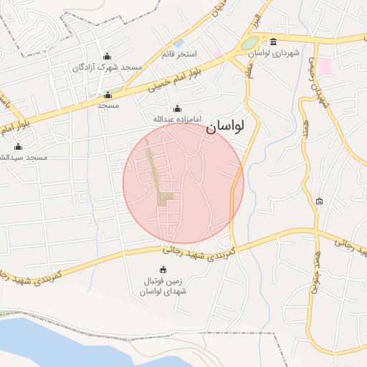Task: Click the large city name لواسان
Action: click(225, 127)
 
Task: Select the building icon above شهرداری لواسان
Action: click(273, 42)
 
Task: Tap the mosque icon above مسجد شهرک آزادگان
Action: click(108, 57)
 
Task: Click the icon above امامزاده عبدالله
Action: click(178, 108)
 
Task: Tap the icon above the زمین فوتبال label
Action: click(163, 270)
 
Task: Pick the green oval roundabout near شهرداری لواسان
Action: click(249, 44)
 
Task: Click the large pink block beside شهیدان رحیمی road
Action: click(325, 67)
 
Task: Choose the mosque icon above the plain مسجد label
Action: click(108, 95)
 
